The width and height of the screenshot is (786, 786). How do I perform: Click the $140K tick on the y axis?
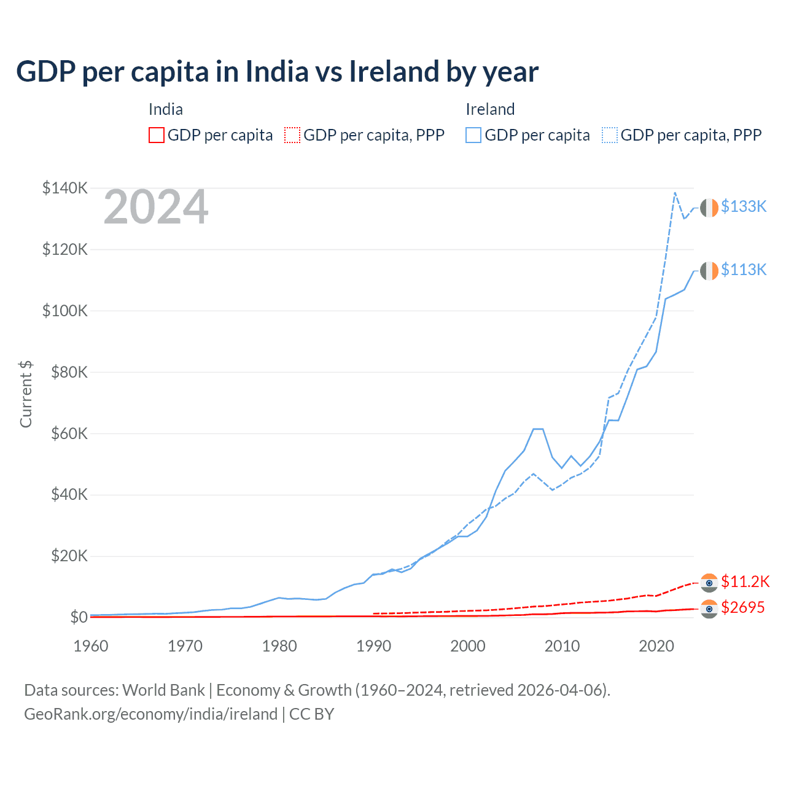pos(65,188)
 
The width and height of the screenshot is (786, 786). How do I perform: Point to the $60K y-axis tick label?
pos(69,434)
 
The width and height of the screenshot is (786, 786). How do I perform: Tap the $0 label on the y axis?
pos(79,617)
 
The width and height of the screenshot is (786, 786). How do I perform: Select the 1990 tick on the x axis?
pos(373,646)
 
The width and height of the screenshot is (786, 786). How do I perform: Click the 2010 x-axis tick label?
pos(562,646)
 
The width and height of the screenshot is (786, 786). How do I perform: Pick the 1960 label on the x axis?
pos(91,646)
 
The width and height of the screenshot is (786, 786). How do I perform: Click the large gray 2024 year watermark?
pos(156,208)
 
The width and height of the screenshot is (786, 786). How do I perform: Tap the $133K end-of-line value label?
pos(744,206)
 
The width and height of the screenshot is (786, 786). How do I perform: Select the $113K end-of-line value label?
pos(744,270)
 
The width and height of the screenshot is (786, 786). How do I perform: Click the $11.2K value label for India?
pos(745,582)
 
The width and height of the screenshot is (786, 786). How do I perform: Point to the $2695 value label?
pos(743,607)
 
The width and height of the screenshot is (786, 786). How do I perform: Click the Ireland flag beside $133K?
pos(709,208)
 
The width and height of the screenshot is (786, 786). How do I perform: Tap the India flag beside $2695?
pos(709,609)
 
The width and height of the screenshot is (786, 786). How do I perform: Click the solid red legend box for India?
pos(157,135)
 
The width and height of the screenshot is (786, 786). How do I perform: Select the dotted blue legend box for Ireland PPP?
pos(610,135)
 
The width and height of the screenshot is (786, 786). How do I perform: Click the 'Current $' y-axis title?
pos(26,394)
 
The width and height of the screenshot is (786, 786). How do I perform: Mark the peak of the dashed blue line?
pos(675,193)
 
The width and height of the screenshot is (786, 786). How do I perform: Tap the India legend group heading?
pos(166,109)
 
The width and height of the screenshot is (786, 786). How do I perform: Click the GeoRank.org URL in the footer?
pos(150,714)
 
